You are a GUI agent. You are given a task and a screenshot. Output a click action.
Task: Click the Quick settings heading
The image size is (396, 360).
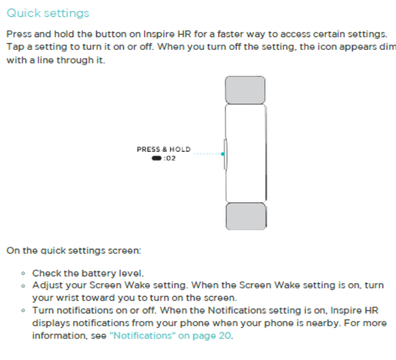[x=48, y=13]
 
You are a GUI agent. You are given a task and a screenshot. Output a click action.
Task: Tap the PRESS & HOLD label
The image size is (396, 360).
[x=164, y=150]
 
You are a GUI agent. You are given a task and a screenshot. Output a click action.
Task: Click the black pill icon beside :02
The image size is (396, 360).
[x=156, y=158]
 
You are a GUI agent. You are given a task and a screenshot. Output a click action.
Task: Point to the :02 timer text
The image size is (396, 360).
[x=170, y=158]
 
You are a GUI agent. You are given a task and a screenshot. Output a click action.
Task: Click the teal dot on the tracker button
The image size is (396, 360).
[x=222, y=154]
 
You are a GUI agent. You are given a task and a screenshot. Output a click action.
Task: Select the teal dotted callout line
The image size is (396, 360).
[x=207, y=154]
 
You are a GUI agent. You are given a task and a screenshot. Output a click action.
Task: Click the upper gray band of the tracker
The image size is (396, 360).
[x=245, y=90]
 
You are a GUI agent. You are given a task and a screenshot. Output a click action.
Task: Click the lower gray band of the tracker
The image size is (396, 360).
[x=246, y=216]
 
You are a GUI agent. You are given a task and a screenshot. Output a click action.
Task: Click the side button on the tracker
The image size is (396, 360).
[x=225, y=154]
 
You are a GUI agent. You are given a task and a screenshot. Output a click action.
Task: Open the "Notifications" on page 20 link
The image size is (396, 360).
[x=170, y=336]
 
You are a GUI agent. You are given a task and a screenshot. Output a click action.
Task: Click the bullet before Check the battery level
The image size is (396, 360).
[x=23, y=273]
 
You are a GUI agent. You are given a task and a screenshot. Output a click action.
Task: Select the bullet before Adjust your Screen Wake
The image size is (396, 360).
[x=23, y=286]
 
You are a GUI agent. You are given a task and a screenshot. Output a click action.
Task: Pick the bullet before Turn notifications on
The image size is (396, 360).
[x=23, y=310]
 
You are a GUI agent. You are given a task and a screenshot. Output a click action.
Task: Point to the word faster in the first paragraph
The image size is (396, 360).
[x=230, y=34]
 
